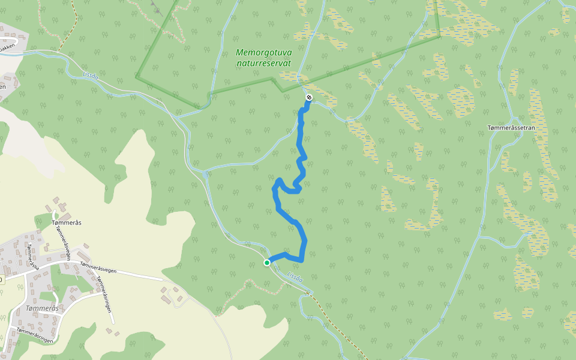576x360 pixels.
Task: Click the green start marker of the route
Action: [x=267, y=262]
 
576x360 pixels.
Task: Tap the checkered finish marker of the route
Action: [x=309, y=97]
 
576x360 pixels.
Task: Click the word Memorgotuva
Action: [x=264, y=53]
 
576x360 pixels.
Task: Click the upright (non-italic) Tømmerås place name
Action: [x=67, y=223]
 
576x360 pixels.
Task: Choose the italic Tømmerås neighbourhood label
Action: [x=42, y=308]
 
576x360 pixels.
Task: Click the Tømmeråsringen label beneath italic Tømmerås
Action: [x=35, y=335]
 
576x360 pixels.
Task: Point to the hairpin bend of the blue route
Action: [x=278, y=180]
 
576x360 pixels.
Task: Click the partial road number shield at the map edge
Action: [x=1, y=280]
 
